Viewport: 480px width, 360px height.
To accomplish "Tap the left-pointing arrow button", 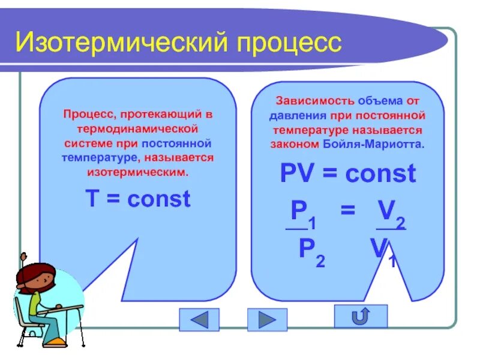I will coord(199,319).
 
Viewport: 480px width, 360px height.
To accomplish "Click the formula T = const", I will coord(138,199).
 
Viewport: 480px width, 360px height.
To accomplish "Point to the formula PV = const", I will coord(347,174).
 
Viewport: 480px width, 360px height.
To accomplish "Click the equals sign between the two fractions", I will coord(347,211).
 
